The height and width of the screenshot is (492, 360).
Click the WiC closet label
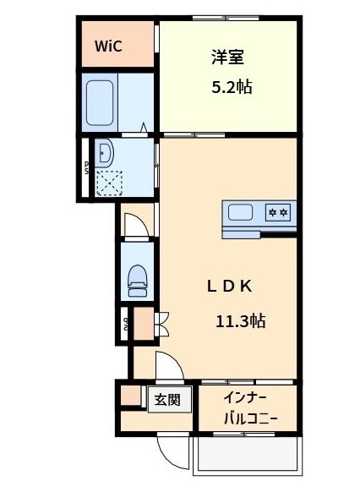pyautogui.click(x=108, y=46)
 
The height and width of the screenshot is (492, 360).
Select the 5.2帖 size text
pyautogui.click(x=231, y=87)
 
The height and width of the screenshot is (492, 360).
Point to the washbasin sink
pyautogui.click(x=105, y=152)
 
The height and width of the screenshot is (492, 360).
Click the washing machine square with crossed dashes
pyautogui.click(x=108, y=181)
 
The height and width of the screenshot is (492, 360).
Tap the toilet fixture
pyautogui.click(x=135, y=279)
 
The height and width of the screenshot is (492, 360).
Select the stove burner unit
pyautogui.click(x=279, y=212)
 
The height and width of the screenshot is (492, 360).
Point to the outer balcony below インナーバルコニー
pyautogui.click(x=244, y=456)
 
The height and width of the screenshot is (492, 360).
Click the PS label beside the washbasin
pyautogui.click(x=86, y=167)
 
